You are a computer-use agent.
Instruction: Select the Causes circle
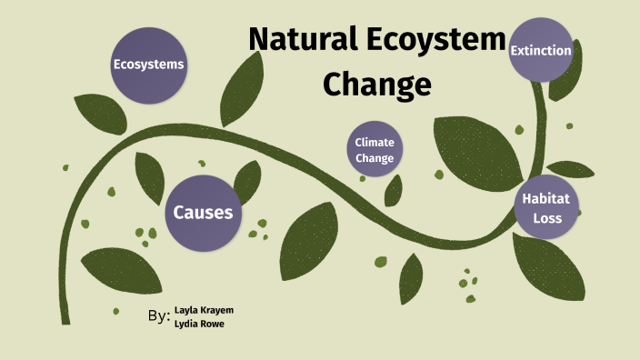[x=203, y=213]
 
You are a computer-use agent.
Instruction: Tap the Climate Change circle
[x=375, y=150]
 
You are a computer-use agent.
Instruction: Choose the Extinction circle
[x=541, y=51]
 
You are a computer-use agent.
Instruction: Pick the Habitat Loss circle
[x=547, y=206]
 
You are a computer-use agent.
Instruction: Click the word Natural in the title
[x=303, y=41]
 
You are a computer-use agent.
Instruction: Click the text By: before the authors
[x=158, y=316]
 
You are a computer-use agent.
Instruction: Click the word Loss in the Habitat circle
[x=547, y=218]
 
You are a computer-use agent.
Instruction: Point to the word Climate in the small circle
[x=374, y=143]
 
